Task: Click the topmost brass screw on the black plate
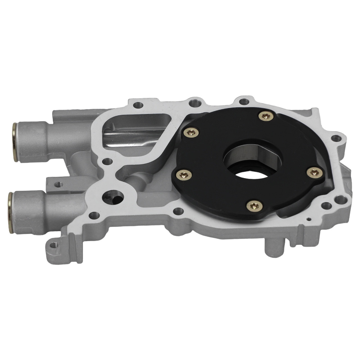click(x=266, y=116)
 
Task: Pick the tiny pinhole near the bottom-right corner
click(x=309, y=219)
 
